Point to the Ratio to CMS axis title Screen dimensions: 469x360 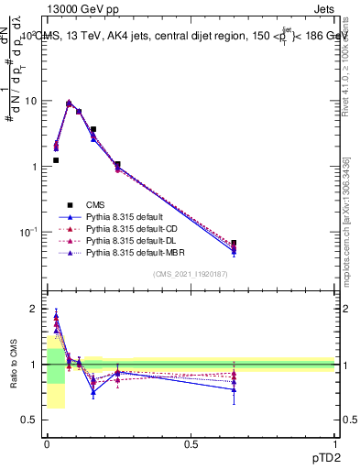click(x=14, y=365)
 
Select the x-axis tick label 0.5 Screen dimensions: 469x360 click(x=191, y=444)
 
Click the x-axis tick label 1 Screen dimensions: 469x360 click(x=334, y=444)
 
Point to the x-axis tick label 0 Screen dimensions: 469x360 click(x=47, y=444)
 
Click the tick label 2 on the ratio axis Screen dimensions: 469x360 click(x=34, y=310)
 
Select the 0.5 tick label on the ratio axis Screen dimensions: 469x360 click(x=30, y=420)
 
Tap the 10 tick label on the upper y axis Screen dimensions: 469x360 click(x=31, y=101)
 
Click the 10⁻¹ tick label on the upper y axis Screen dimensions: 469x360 click(x=28, y=232)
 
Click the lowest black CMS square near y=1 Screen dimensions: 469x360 click(x=56, y=160)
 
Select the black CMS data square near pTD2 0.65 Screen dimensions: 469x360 click(x=234, y=244)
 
